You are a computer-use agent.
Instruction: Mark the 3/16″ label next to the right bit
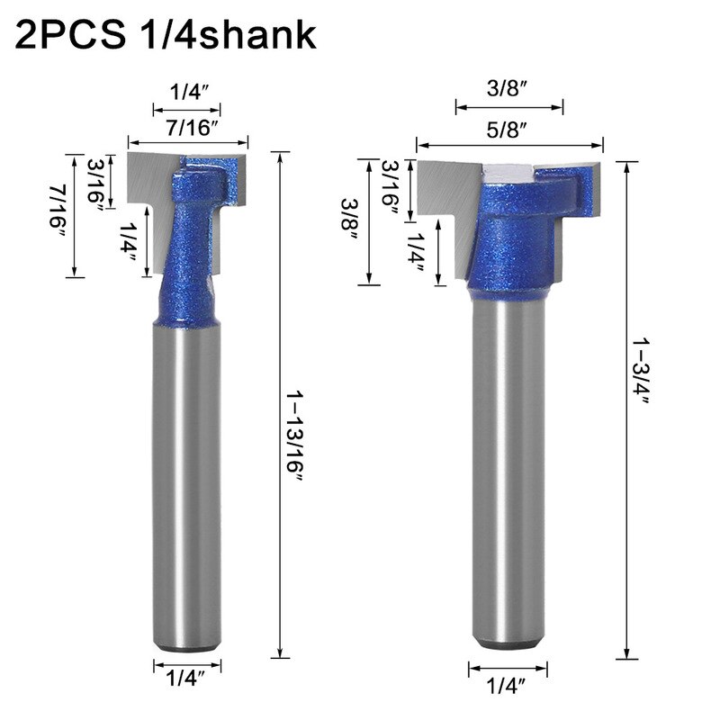[391, 187]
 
